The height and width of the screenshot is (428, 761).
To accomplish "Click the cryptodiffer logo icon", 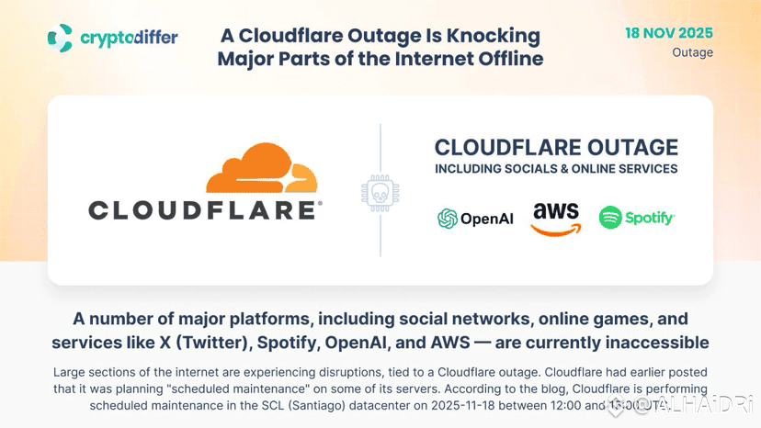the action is pos(60,38).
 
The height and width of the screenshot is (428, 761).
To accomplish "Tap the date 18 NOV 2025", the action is pos(668,33).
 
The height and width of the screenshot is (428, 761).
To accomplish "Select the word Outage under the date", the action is pos(692,52).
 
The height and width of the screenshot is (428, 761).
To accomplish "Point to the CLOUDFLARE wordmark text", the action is pos(205,210).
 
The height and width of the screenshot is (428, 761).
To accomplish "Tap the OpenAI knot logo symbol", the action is pos(448,219).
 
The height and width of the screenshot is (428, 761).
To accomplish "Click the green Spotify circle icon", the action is pos(610,218).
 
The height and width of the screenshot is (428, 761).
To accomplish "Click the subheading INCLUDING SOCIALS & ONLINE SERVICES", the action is pos(556,169).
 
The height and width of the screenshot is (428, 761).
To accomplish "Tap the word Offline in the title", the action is pos(504,59).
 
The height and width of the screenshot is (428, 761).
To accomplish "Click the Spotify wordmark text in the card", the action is pos(650,219).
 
